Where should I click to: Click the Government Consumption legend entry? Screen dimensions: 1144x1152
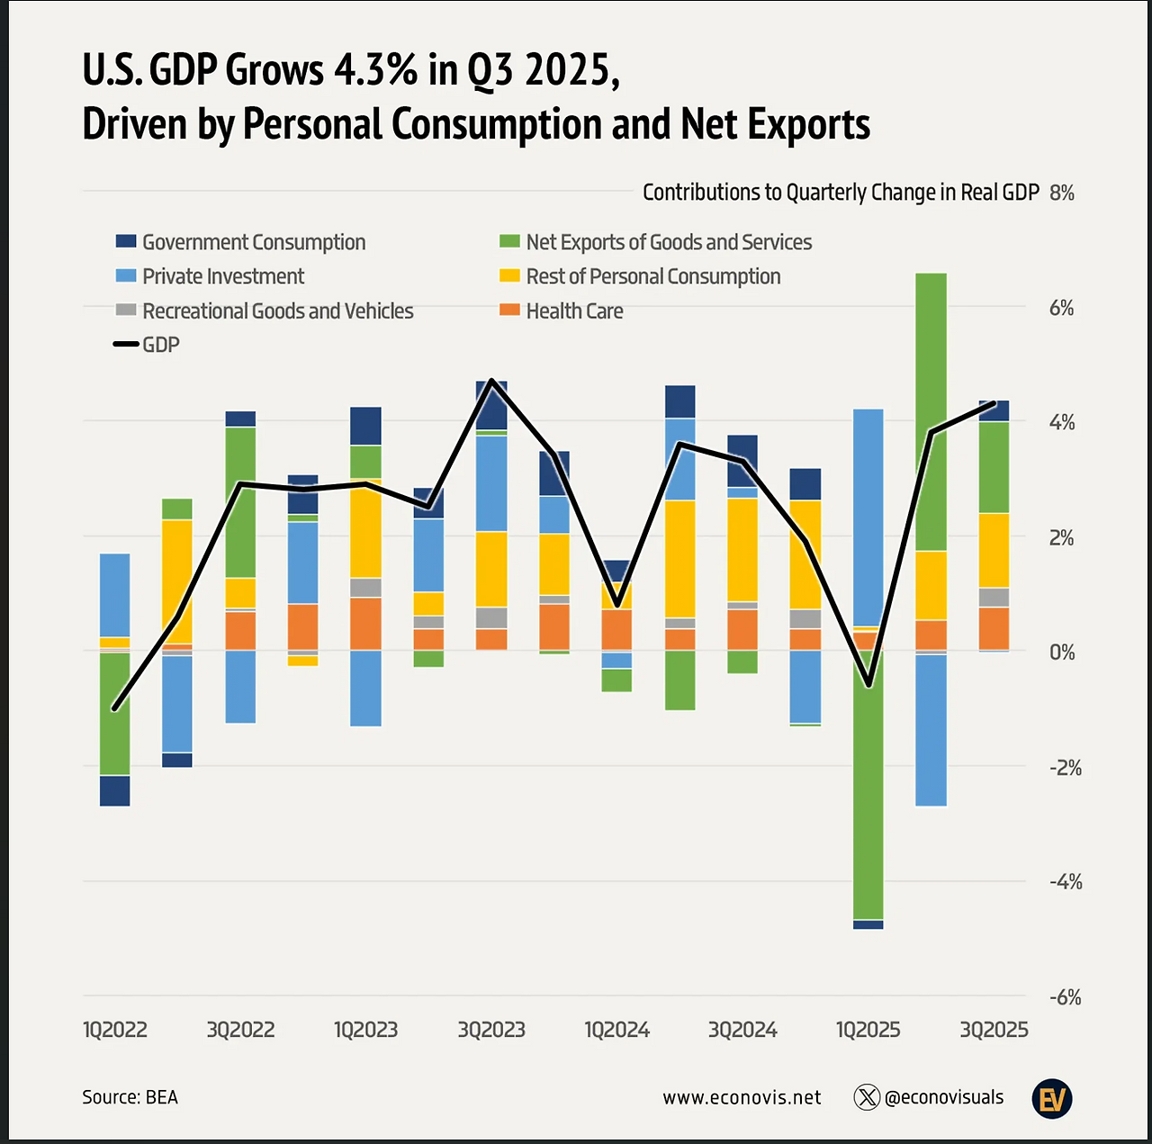[241, 242]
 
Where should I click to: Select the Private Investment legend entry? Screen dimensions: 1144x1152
[211, 276]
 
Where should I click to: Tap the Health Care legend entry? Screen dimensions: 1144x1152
[562, 311]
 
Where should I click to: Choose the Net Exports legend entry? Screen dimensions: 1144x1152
[656, 242]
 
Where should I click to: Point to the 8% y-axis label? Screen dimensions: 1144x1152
[1062, 193]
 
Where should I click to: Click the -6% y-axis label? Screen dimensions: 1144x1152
[1065, 997]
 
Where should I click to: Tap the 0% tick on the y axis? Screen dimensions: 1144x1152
[1062, 652]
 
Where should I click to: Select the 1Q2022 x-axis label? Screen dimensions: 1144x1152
[115, 1030]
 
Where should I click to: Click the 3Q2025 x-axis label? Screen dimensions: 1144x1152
[994, 1030]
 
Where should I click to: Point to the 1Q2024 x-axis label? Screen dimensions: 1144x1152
[616, 1030]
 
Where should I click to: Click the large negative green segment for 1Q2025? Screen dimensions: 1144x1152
[868, 783]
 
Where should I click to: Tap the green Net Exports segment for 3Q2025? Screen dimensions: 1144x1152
[994, 467]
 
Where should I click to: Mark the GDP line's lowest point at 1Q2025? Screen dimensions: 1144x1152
[868, 687]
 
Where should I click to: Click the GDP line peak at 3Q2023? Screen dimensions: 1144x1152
[491, 381]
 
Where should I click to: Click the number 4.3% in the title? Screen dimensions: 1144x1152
[376, 70]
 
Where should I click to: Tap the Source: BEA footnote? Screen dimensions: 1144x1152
[130, 1097]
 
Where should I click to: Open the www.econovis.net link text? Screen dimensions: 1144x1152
[742, 1097]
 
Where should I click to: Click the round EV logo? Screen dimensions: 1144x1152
[1051, 1098]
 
